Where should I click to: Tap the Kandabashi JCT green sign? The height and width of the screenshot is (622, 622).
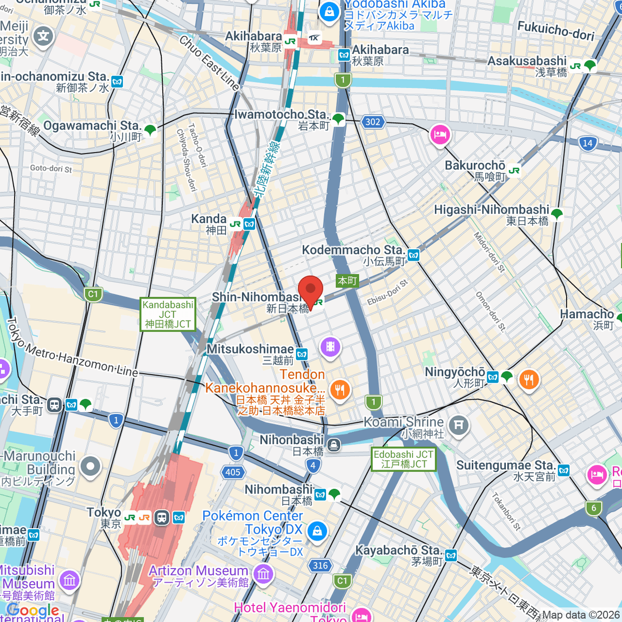(167, 314)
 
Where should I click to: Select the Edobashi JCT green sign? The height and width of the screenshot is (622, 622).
(403, 459)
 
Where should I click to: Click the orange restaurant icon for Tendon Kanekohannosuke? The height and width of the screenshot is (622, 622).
(340, 390)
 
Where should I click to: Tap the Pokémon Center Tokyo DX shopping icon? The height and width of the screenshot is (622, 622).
(317, 531)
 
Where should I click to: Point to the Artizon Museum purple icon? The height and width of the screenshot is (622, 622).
(263, 574)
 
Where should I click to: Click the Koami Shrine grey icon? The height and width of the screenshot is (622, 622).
(458, 426)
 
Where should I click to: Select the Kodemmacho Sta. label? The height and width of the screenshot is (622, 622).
(353, 250)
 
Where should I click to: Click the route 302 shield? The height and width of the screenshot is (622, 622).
(373, 122)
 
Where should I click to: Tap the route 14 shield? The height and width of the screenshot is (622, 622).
(587, 143)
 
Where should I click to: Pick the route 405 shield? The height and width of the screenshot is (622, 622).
(233, 472)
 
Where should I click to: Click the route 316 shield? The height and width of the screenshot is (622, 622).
(320, 566)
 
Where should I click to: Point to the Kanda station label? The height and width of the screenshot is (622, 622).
(209, 219)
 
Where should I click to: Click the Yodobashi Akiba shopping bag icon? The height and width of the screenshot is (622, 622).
(329, 12)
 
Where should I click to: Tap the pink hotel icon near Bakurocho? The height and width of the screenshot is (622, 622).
(440, 136)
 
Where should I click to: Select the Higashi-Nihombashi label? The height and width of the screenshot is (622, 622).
(491, 210)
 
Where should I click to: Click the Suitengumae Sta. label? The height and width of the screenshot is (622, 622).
(505, 465)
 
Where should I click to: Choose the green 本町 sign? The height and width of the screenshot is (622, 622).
(347, 280)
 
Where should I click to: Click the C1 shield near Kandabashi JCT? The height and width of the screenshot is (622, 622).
(93, 294)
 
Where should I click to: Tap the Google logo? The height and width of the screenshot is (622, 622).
(33, 610)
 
